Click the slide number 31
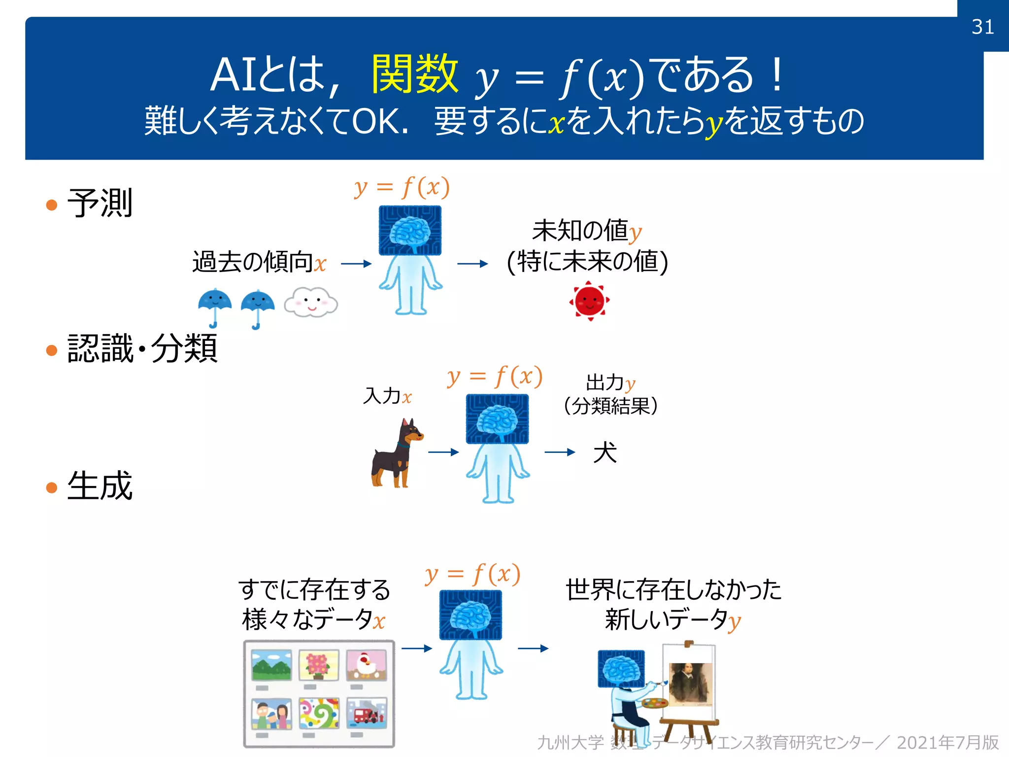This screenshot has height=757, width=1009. point(982,27)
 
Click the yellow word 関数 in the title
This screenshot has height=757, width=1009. point(415,74)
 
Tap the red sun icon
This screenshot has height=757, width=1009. point(589,301)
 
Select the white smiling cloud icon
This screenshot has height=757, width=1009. point(311,302)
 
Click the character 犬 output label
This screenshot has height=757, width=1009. point(605,452)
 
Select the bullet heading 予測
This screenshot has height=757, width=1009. point(100,203)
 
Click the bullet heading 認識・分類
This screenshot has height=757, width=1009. point(142,348)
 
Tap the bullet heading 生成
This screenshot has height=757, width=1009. point(100,485)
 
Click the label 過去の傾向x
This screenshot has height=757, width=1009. point(259,262)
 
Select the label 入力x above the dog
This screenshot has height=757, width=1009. point(387,396)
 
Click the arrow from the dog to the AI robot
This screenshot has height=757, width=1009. point(443,452)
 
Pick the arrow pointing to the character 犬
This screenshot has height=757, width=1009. point(560,452)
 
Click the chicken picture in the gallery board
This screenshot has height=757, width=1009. point(366,665)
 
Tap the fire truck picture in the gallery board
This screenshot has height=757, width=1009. point(366,713)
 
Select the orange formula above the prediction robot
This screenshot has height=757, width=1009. point(402,187)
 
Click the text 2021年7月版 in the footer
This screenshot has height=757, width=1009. point(947,742)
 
